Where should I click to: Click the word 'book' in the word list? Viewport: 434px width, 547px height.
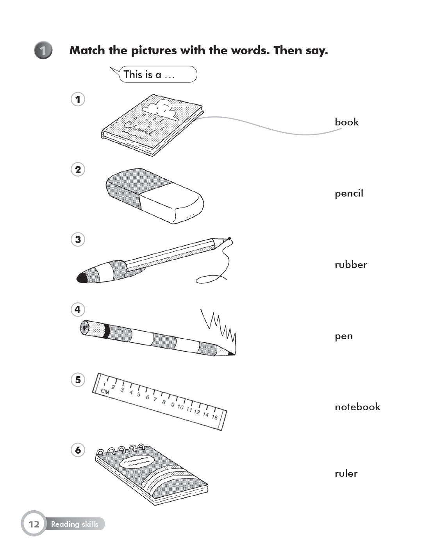pyautogui.click(x=346, y=122)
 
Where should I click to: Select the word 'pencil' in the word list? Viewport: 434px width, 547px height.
pyautogui.click(x=349, y=193)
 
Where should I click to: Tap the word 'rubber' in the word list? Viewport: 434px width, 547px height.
pyautogui.click(x=351, y=265)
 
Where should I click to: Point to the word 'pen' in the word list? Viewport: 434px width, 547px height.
pyautogui.click(x=344, y=336)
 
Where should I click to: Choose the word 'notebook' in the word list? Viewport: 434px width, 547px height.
pyautogui.click(x=357, y=407)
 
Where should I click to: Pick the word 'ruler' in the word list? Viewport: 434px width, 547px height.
pyautogui.click(x=346, y=474)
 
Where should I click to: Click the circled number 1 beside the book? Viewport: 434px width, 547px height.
pyautogui.click(x=78, y=99)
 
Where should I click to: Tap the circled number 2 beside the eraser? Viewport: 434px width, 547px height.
pyautogui.click(x=78, y=170)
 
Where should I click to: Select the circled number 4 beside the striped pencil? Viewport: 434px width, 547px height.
pyautogui.click(x=78, y=309)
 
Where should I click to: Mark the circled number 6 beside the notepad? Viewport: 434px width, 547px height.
pyautogui.click(x=78, y=450)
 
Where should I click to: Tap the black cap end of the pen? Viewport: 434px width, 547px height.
pyautogui.click(x=82, y=278)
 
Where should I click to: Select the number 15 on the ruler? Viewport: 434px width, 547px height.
pyautogui.click(x=214, y=417)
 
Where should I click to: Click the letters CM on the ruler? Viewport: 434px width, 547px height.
pyautogui.click(x=105, y=391)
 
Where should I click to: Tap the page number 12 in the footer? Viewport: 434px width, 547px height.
pyautogui.click(x=34, y=524)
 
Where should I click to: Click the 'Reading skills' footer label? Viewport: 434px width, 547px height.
pyautogui.click(x=75, y=524)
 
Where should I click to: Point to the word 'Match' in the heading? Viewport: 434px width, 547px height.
pyautogui.click(x=87, y=50)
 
